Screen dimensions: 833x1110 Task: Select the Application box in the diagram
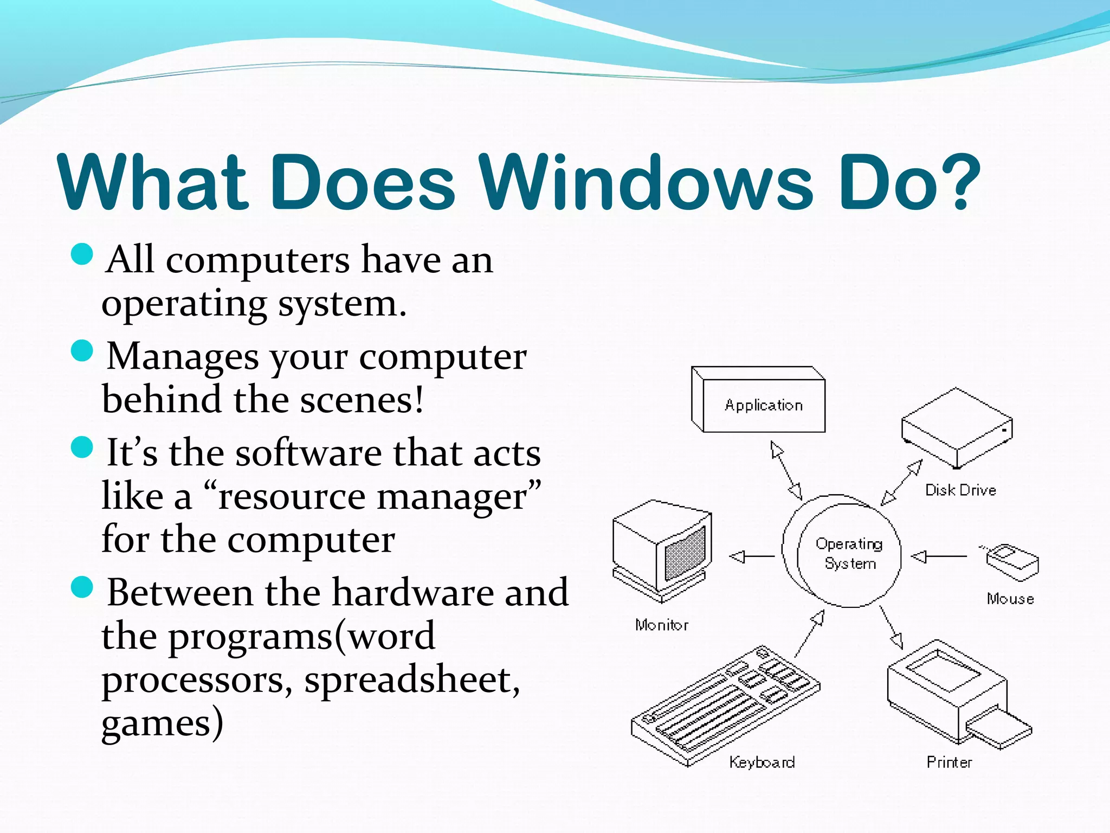tap(764, 405)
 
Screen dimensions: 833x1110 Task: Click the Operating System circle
tap(849, 553)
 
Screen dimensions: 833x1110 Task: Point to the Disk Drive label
tap(960, 490)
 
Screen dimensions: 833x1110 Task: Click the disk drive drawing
tap(957, 428)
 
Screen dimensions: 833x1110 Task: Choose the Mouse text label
tap(1010, 599)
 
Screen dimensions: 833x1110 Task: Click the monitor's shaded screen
tap(685, 553)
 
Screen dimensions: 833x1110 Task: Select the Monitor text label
tap(662, 625)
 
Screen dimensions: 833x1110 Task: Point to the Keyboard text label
tap(762, 762)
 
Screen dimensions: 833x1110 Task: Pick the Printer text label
tap(949, 762)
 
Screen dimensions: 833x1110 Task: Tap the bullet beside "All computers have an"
tap(82, 254)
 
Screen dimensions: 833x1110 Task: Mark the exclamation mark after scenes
tap(418, 399)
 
